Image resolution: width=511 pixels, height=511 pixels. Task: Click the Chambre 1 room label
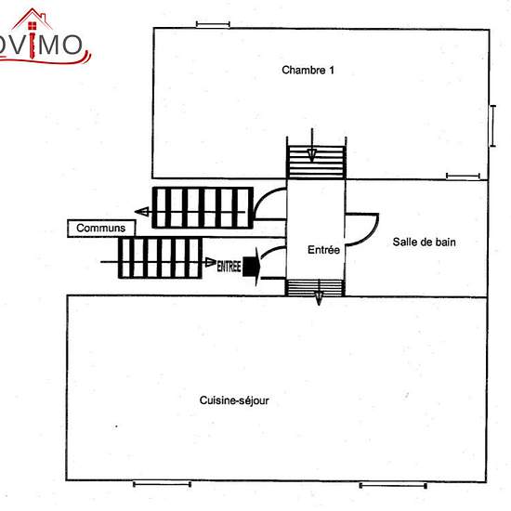[308, 70]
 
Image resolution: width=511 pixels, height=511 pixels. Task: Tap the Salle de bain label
[424, 242]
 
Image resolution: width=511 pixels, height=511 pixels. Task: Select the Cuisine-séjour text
[234, 400]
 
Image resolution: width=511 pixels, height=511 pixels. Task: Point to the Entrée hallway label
[323, 250]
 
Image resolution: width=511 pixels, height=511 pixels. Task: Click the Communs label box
[101, 229]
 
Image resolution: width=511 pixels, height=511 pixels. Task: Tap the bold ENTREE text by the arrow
[229, 267]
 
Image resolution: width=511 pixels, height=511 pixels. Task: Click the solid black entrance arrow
[252, 267]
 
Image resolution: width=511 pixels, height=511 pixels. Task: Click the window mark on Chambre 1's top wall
[213, 24]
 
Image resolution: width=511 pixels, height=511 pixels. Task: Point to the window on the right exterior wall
[492, 125]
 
